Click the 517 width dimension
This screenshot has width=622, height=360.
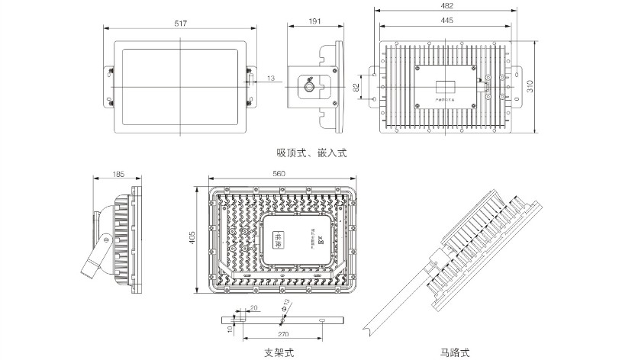pyautogui.click(x=181, y=24)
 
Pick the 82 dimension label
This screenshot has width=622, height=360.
pyautogui.click(x=356, y=88)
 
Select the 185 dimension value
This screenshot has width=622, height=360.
pyautogui.click(x=118, y=175)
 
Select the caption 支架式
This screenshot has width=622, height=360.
pyautogui.click(x=279, y=352)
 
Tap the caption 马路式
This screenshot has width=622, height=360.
pyautogui.click(x=455, y=352)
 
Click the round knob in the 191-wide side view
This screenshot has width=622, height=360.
pyautogui.click(x=309, y=87)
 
